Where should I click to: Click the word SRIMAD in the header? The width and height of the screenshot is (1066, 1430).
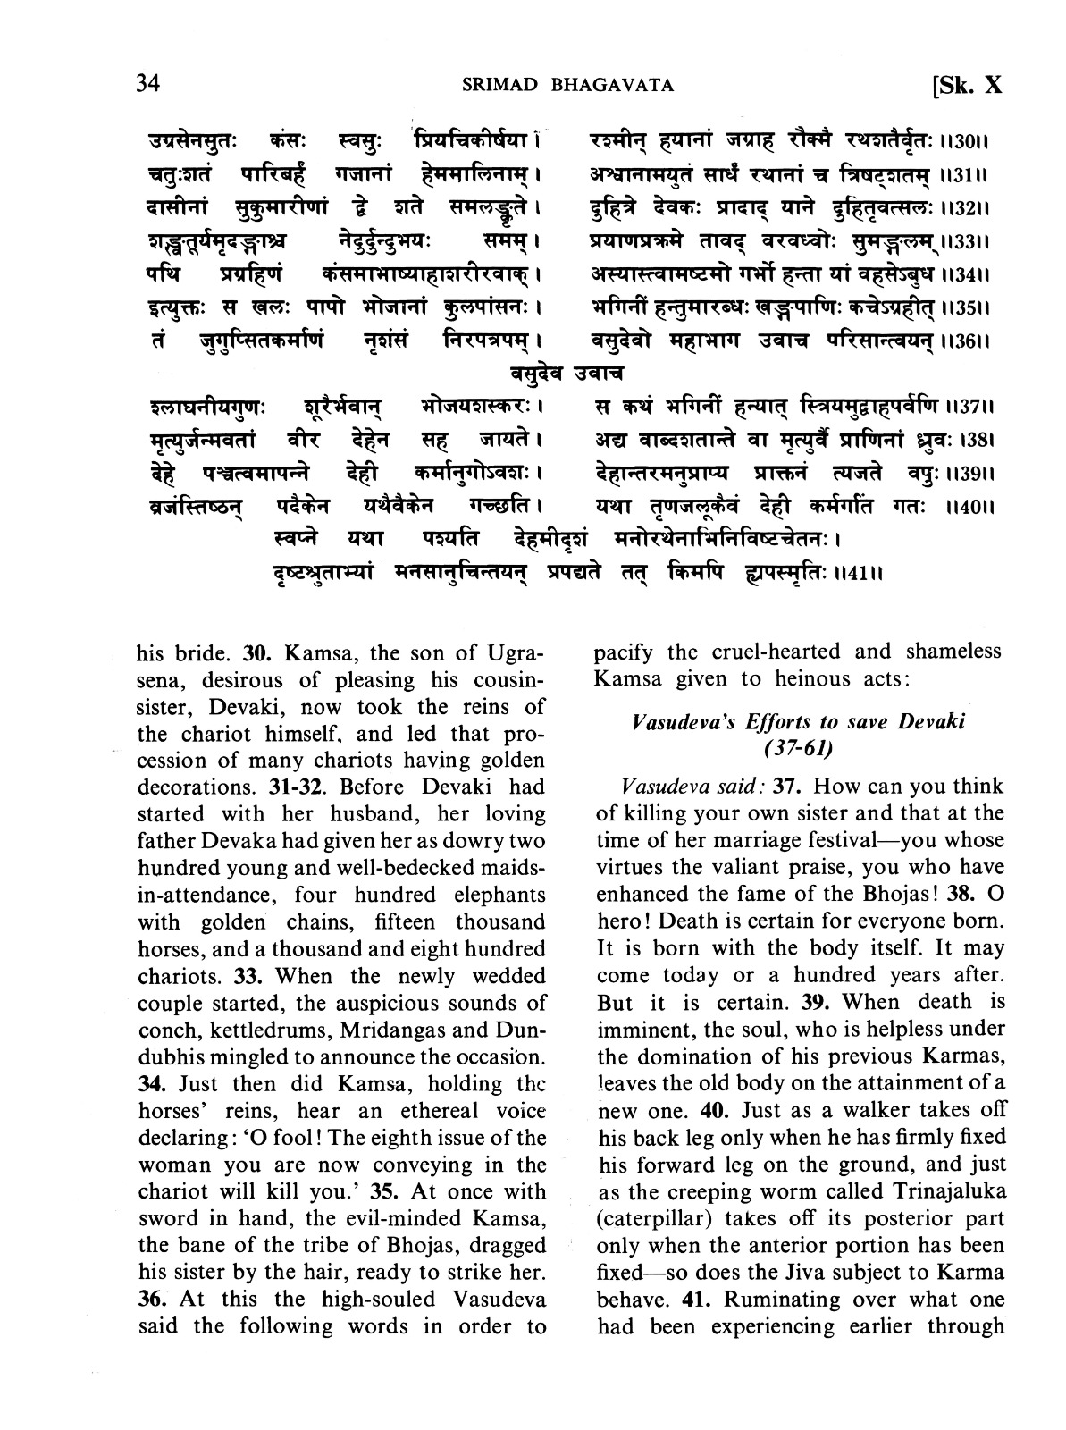[x=497, y=86]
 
